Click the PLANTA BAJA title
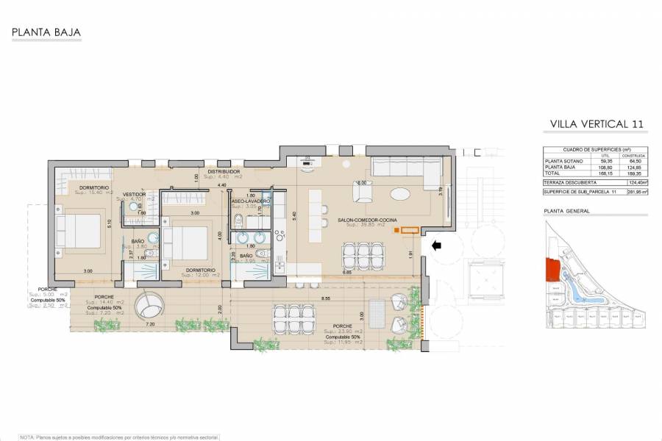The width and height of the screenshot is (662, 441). [45, 32]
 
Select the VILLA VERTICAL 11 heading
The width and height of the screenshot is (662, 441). [597, 125]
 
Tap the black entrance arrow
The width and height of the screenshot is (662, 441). [435, 246]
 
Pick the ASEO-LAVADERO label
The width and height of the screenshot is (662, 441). [250, 201]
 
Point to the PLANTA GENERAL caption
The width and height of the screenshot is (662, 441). [566, 211]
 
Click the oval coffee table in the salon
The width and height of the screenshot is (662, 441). [401, 195]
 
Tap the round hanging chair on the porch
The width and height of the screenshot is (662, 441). [156, 301]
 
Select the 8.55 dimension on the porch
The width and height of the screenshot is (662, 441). [324, 299]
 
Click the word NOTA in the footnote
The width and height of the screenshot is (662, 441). [27, 436]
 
